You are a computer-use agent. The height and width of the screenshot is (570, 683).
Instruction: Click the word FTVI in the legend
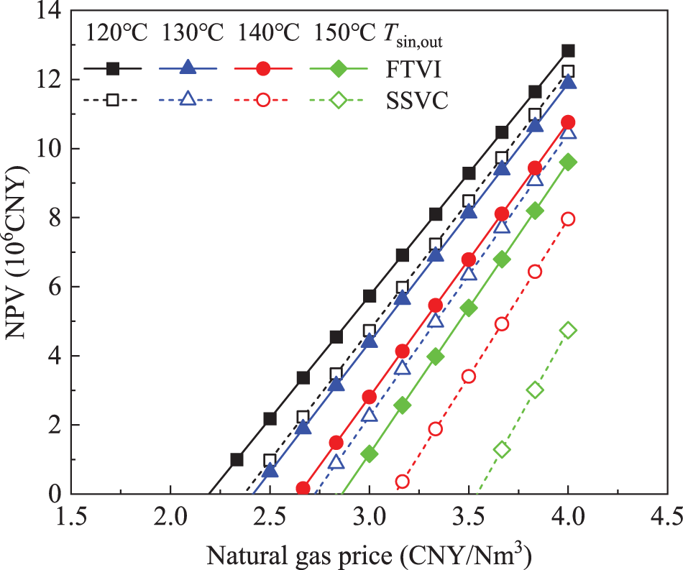pyautogui.click(x=413, y=69)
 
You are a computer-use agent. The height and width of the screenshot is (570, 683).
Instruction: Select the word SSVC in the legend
pyautogui.click(x=418, y=100)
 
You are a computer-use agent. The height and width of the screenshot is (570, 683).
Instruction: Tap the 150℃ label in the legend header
pyautogui.click(x=344, y=34)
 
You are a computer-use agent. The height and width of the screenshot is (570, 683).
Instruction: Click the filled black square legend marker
pyautogui.click(x=113, y=68)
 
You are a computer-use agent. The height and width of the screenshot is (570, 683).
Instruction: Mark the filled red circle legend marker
pyautogui.click(x=263, y=68)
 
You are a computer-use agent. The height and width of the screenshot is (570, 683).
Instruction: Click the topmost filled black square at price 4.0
pyautogui.click(x=568, y=50)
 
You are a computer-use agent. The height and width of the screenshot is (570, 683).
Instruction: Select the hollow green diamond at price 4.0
pyautogui.click(x=568, y=330)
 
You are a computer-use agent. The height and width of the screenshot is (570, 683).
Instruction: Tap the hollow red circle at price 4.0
pyautogui.click(x=568, y=219)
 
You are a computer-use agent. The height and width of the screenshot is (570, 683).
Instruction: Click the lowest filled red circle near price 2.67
pyautogui.click(x=303, y=488)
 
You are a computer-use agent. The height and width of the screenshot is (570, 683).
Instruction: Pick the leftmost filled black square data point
pyautogui.click(x=237, y=459)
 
